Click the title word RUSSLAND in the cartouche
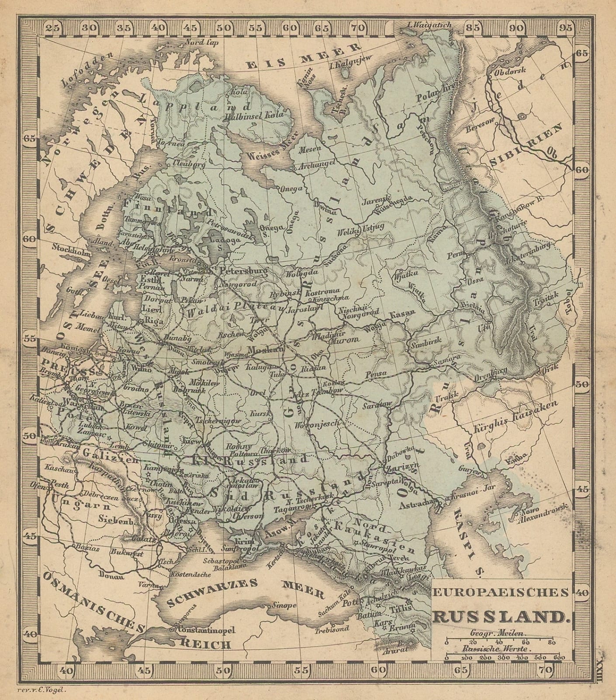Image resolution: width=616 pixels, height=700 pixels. tap(499, 616)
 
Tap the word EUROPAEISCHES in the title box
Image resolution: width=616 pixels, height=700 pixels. tap(501, 592)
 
